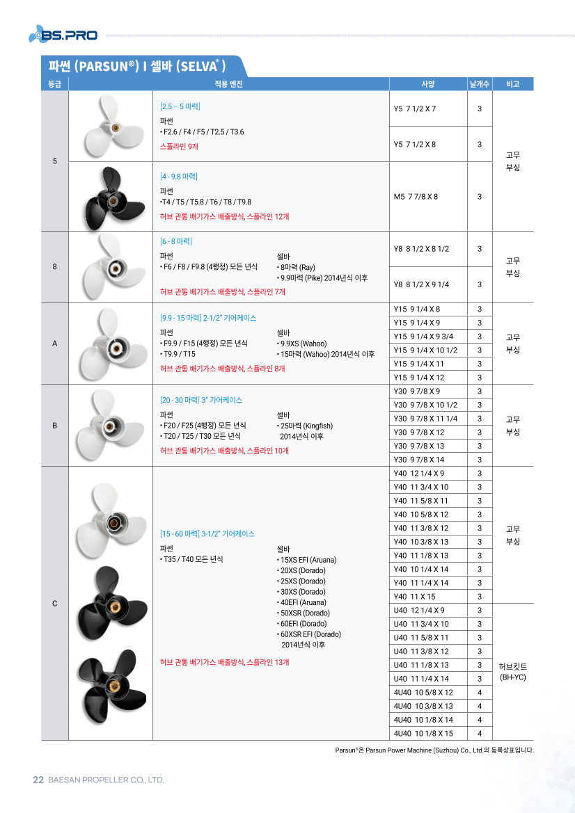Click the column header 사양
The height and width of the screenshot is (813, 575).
[427, 84]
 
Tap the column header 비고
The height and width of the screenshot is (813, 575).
[513, 84]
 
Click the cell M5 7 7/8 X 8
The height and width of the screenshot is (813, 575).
[416, 197]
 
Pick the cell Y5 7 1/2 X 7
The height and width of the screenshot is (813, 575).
[415, 109]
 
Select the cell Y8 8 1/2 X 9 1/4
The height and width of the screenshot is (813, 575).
[421, 284]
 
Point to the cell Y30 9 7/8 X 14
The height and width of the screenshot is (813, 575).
[418, 460]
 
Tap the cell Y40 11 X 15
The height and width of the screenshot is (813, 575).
[414, 597]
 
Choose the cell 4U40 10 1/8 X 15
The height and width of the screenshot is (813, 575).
[423, 733]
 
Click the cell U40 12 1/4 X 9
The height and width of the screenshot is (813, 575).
[418, 610]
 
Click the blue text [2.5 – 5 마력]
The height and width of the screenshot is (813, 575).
[180, 106]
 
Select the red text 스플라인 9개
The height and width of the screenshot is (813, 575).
[179, 147]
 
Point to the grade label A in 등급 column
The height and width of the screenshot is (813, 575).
[54, 344]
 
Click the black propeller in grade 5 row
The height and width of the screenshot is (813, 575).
[110, 197]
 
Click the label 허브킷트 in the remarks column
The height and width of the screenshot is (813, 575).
[512, 666]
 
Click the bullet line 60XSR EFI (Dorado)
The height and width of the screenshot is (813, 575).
[310, 634]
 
